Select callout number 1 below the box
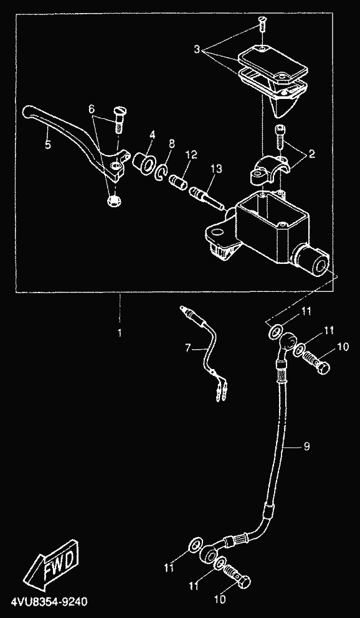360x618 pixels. click(120, 333)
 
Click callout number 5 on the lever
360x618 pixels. click(48, 144)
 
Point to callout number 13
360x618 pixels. click(216, 169)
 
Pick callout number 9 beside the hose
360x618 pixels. click(306, 447)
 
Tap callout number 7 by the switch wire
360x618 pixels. click(188, 348)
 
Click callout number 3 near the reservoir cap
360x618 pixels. click(197, 50)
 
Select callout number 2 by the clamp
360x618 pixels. click(311, 154)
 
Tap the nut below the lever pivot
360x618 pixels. click(114, 200)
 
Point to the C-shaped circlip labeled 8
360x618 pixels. click(162, 171)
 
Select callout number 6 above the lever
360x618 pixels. click(92, 108)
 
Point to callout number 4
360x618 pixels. click(152, 135)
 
